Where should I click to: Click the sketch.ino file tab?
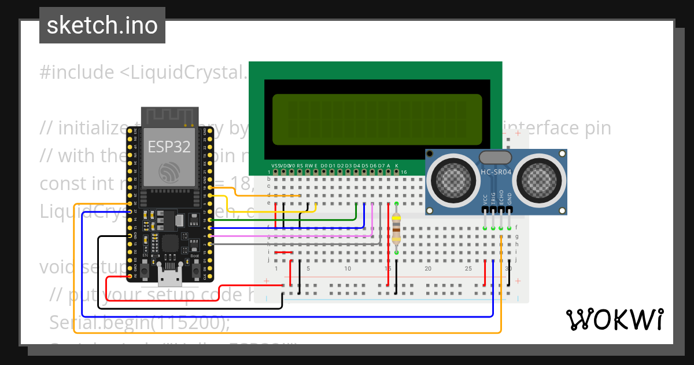click(x=102, y=25)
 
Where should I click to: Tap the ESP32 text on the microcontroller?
click(x=169, y=147)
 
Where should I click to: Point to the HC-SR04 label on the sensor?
click(x=496, y=172)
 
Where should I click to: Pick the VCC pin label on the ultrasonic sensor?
click(x=485, y=198)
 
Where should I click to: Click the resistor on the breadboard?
click(x=396, y=228)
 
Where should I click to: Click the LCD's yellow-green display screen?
click(x=377, y=119)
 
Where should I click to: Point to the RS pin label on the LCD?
click(x=300, y=166)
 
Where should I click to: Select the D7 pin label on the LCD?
click(x=381, y=166)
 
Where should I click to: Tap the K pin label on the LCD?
click(x=397, y=166)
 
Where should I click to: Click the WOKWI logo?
click(x=614, y=319)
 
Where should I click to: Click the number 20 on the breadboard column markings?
click(x=428, y=269)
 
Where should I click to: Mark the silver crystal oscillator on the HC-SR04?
click(x=496, y=157)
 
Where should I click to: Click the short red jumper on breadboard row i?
click(x=283, y=253)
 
